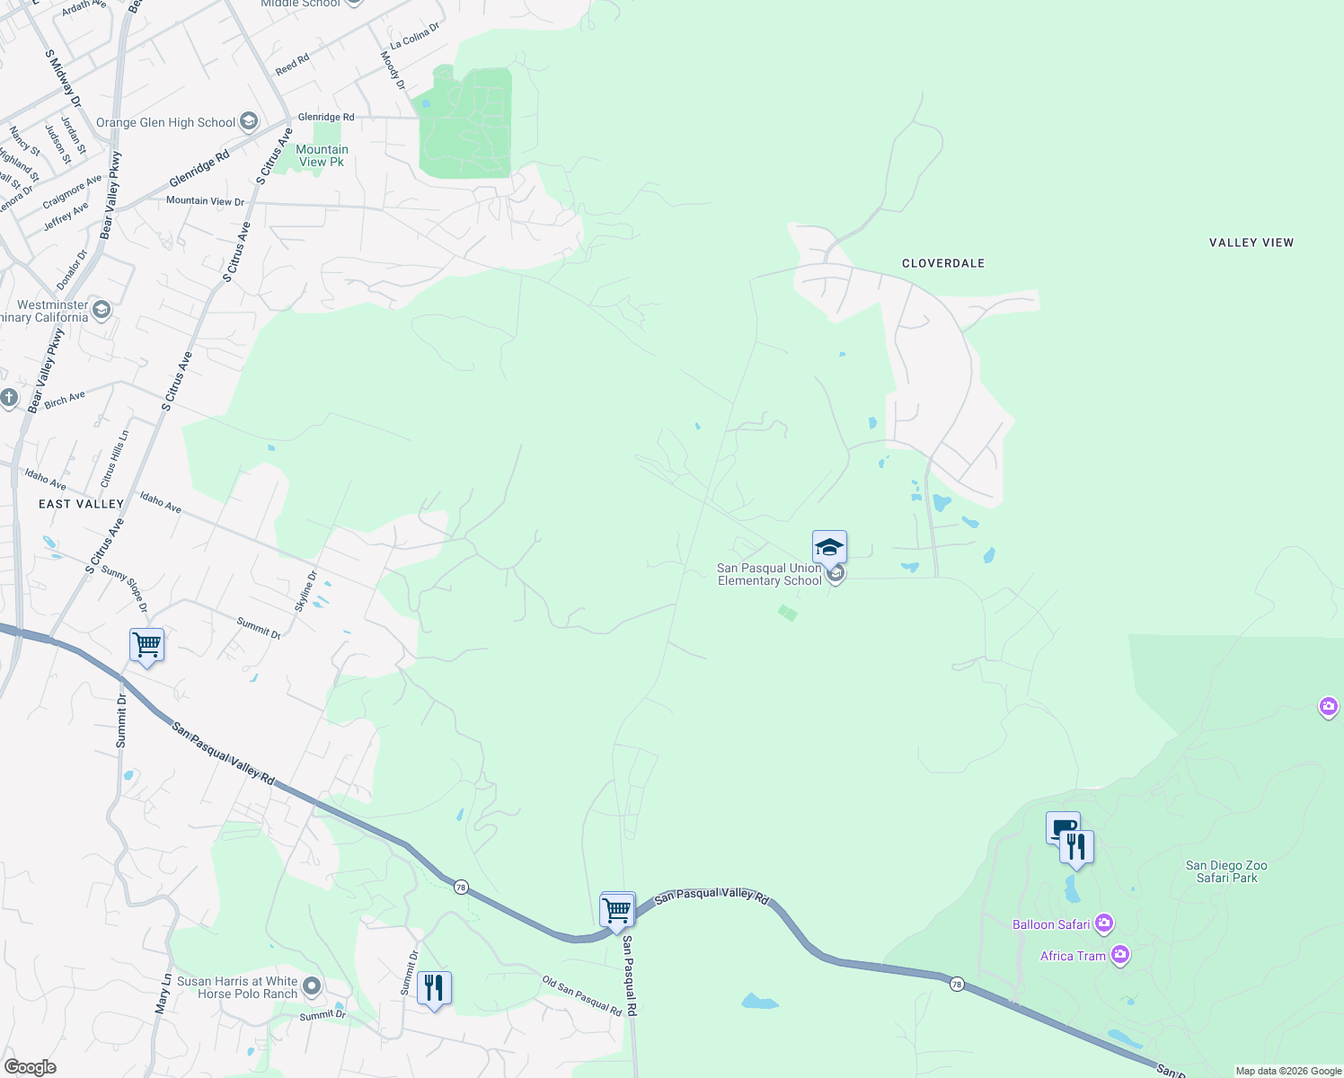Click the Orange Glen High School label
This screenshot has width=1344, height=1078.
[165, 123]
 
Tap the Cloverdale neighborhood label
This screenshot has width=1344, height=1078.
[943, 263]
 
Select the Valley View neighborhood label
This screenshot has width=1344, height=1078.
[1251, 243]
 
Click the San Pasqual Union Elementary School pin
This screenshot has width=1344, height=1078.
[829, 547]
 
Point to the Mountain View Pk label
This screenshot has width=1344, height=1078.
[322, 156]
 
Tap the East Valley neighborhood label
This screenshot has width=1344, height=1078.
[81, 504]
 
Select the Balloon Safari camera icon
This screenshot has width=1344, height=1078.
[1104, 923]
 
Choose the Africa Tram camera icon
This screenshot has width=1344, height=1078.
[1119, 955]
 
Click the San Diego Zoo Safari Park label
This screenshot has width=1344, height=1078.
[1226, 871]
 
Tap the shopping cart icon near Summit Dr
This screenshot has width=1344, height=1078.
[146, 645]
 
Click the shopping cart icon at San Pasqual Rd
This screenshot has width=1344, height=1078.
[617, 910]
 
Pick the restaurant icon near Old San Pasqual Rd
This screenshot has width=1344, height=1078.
[434, 987]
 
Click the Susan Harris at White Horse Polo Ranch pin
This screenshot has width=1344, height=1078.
[312, 987]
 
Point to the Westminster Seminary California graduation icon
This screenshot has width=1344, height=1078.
[102, 311]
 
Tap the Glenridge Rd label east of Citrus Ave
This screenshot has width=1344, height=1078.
[325, 117]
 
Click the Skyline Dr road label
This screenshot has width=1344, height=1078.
[305, 591]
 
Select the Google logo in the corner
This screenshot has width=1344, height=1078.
[30, 1067]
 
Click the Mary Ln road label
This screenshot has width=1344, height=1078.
[163, 994]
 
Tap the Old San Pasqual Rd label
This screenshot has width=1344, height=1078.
[582, 996]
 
